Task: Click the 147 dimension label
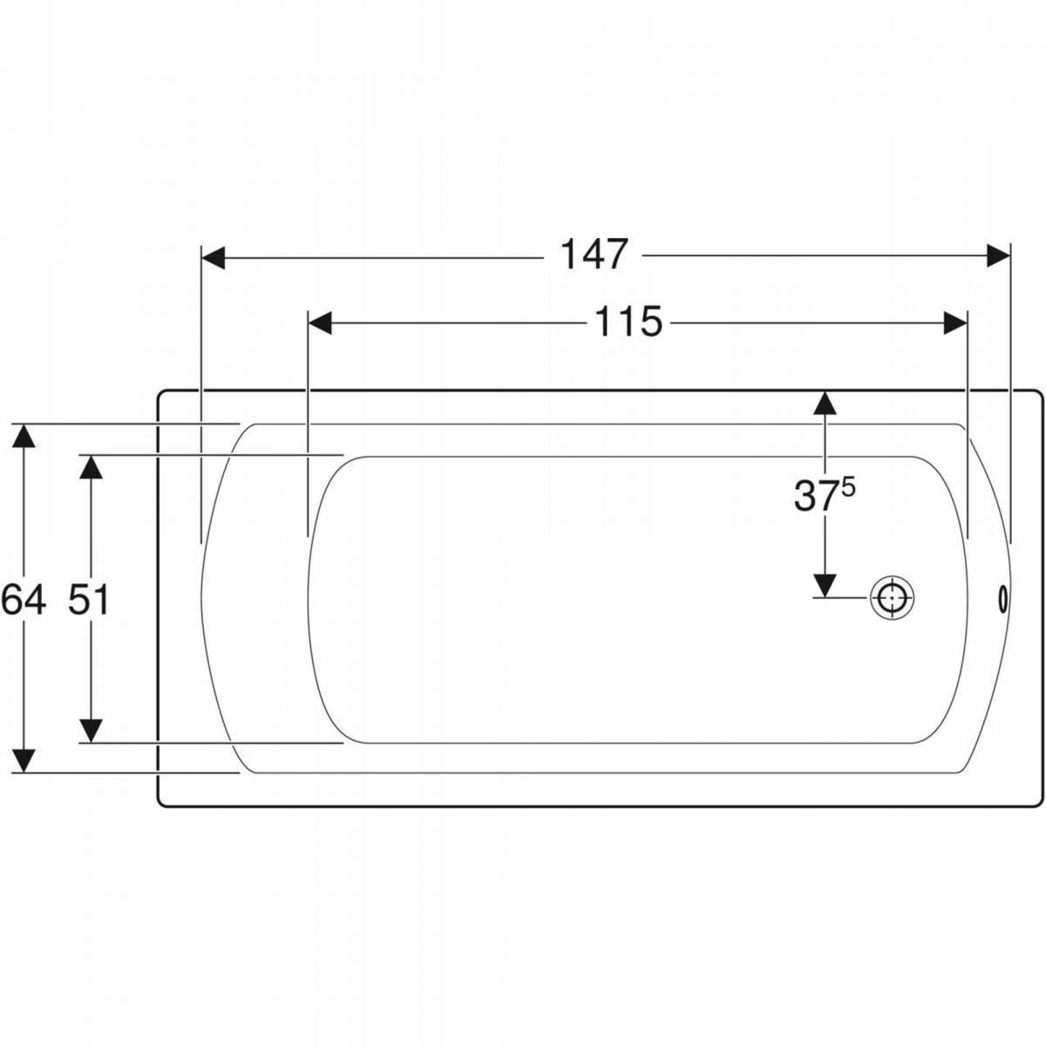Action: click(x=594, y=255)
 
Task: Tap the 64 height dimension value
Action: click(x=23, y=600)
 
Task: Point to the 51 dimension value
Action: click(x=89, y=600)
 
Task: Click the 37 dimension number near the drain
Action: click(x=813, y=496)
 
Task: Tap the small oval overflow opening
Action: click(x=1003, y=599)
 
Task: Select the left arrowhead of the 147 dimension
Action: click(x=213, y=257)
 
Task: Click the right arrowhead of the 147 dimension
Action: click(x=998, y=255)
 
